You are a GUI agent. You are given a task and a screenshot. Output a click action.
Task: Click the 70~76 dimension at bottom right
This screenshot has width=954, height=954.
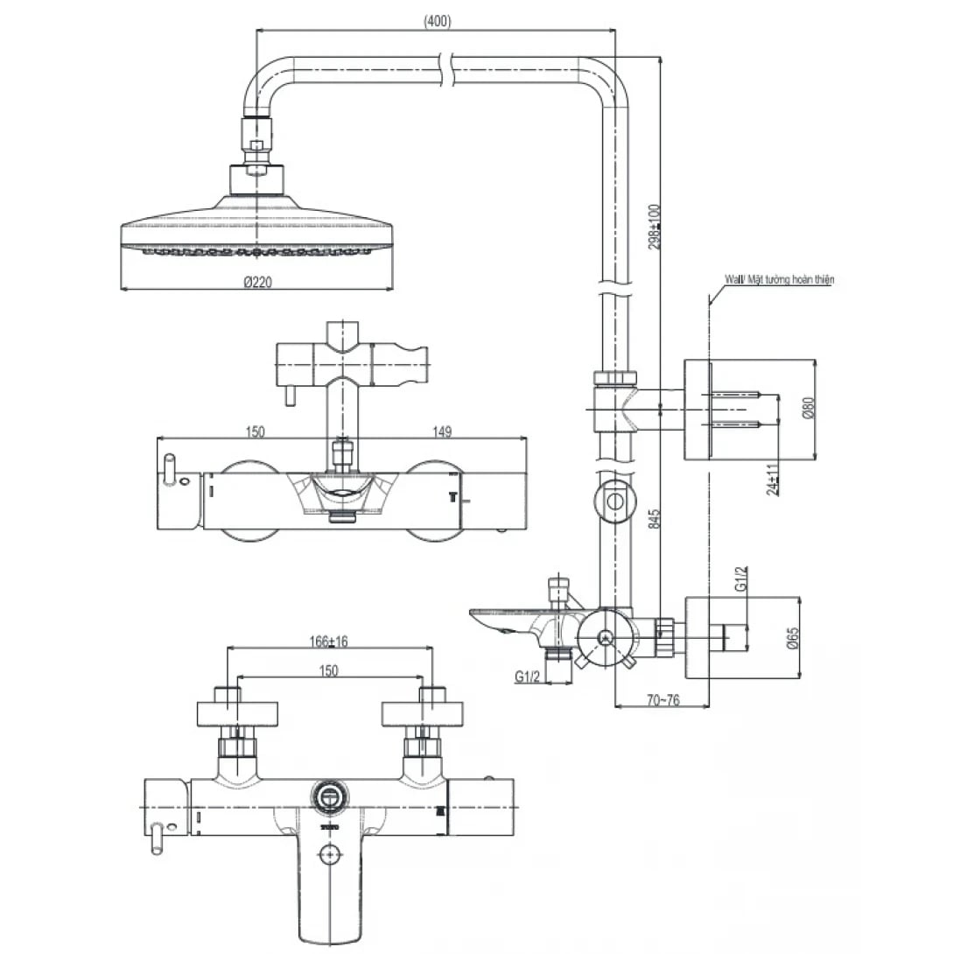pyautogui.click(x=662, y=699)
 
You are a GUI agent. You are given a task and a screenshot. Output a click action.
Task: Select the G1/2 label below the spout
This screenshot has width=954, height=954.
pyautogui.click(x=525, y=677)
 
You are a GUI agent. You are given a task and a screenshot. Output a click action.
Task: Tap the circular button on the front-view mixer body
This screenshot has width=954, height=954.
pyautogui.click(x=329, y=796)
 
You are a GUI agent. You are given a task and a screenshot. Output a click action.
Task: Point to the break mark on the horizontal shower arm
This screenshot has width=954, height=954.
pyautogui.click(x=449, y=68)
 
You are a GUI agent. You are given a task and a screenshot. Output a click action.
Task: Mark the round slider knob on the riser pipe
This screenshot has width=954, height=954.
pyautogui.click(x=615, y=502)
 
